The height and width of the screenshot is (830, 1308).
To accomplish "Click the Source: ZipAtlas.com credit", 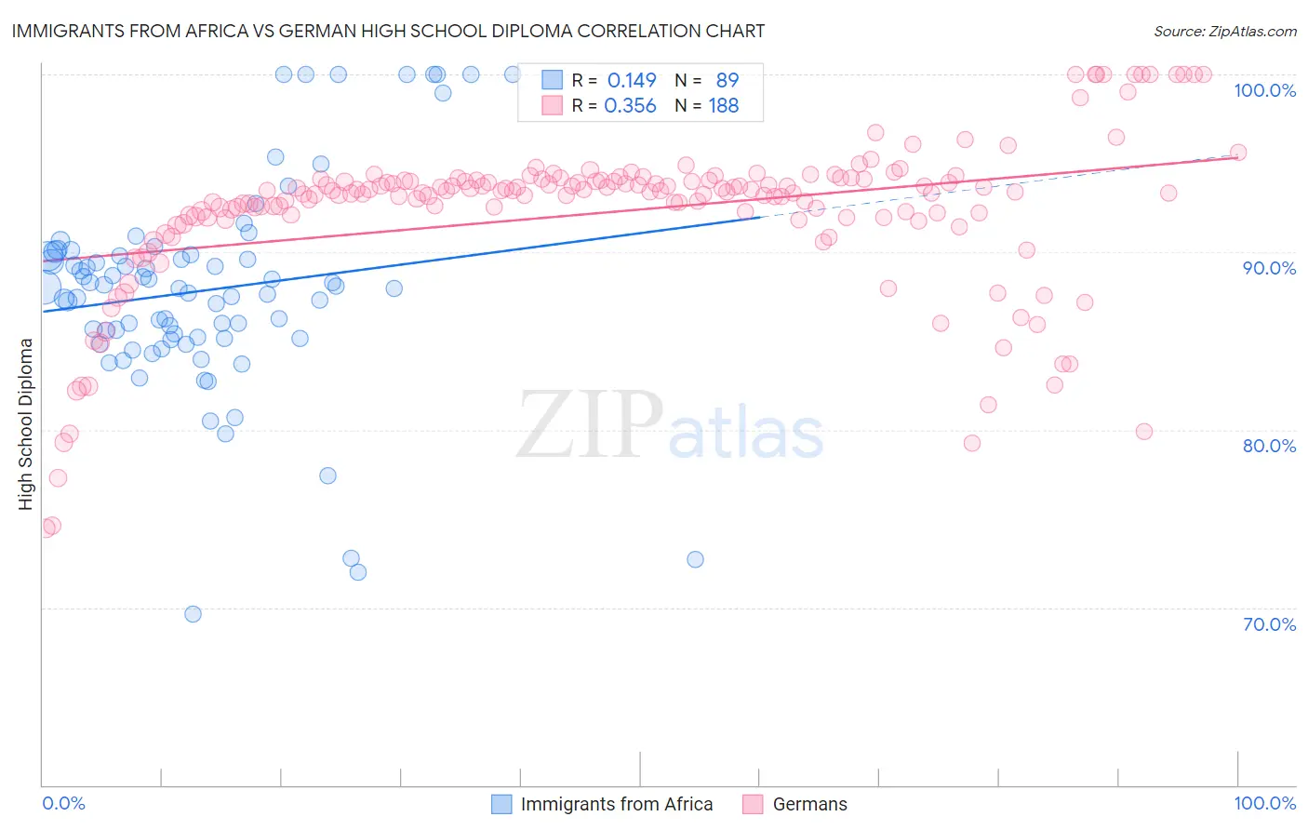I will click(x=1224, y=31).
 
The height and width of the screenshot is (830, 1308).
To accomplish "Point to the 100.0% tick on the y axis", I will click(x=1264, y=90).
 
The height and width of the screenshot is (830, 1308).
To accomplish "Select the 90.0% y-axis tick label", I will click(x=1268, y=268).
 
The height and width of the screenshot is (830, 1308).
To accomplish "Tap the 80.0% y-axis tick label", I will click(x=1268, y=446).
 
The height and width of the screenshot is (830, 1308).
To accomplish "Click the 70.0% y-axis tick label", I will click(x=1268, y=624).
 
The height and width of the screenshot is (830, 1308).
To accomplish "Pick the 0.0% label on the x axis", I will click(x=63, y=803).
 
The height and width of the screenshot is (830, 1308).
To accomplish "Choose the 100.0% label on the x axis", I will click(x=1264, y=803).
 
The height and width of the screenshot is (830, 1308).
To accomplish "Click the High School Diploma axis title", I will click(x=26, y=423).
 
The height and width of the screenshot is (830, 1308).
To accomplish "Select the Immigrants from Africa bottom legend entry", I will click(x=616, y=804).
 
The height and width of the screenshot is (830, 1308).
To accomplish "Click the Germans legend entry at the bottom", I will click(x=809, y=804).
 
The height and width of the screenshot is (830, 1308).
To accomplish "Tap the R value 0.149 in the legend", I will click(x=632, y=81).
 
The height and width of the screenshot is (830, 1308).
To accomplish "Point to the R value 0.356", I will click(x=630, y=106).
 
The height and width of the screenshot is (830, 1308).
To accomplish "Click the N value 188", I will click(x=724, y=106).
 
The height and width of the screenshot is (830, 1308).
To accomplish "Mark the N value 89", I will click(x=727, y=81).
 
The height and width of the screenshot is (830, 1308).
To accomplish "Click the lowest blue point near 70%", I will click(x=193, y=614).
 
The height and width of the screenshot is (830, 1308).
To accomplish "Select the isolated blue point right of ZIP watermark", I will click(x=695, y=559).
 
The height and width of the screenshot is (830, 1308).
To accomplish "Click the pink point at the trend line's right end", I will click(x=1238, y=153).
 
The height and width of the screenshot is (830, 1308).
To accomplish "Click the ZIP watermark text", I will click(x=590, y=424).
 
